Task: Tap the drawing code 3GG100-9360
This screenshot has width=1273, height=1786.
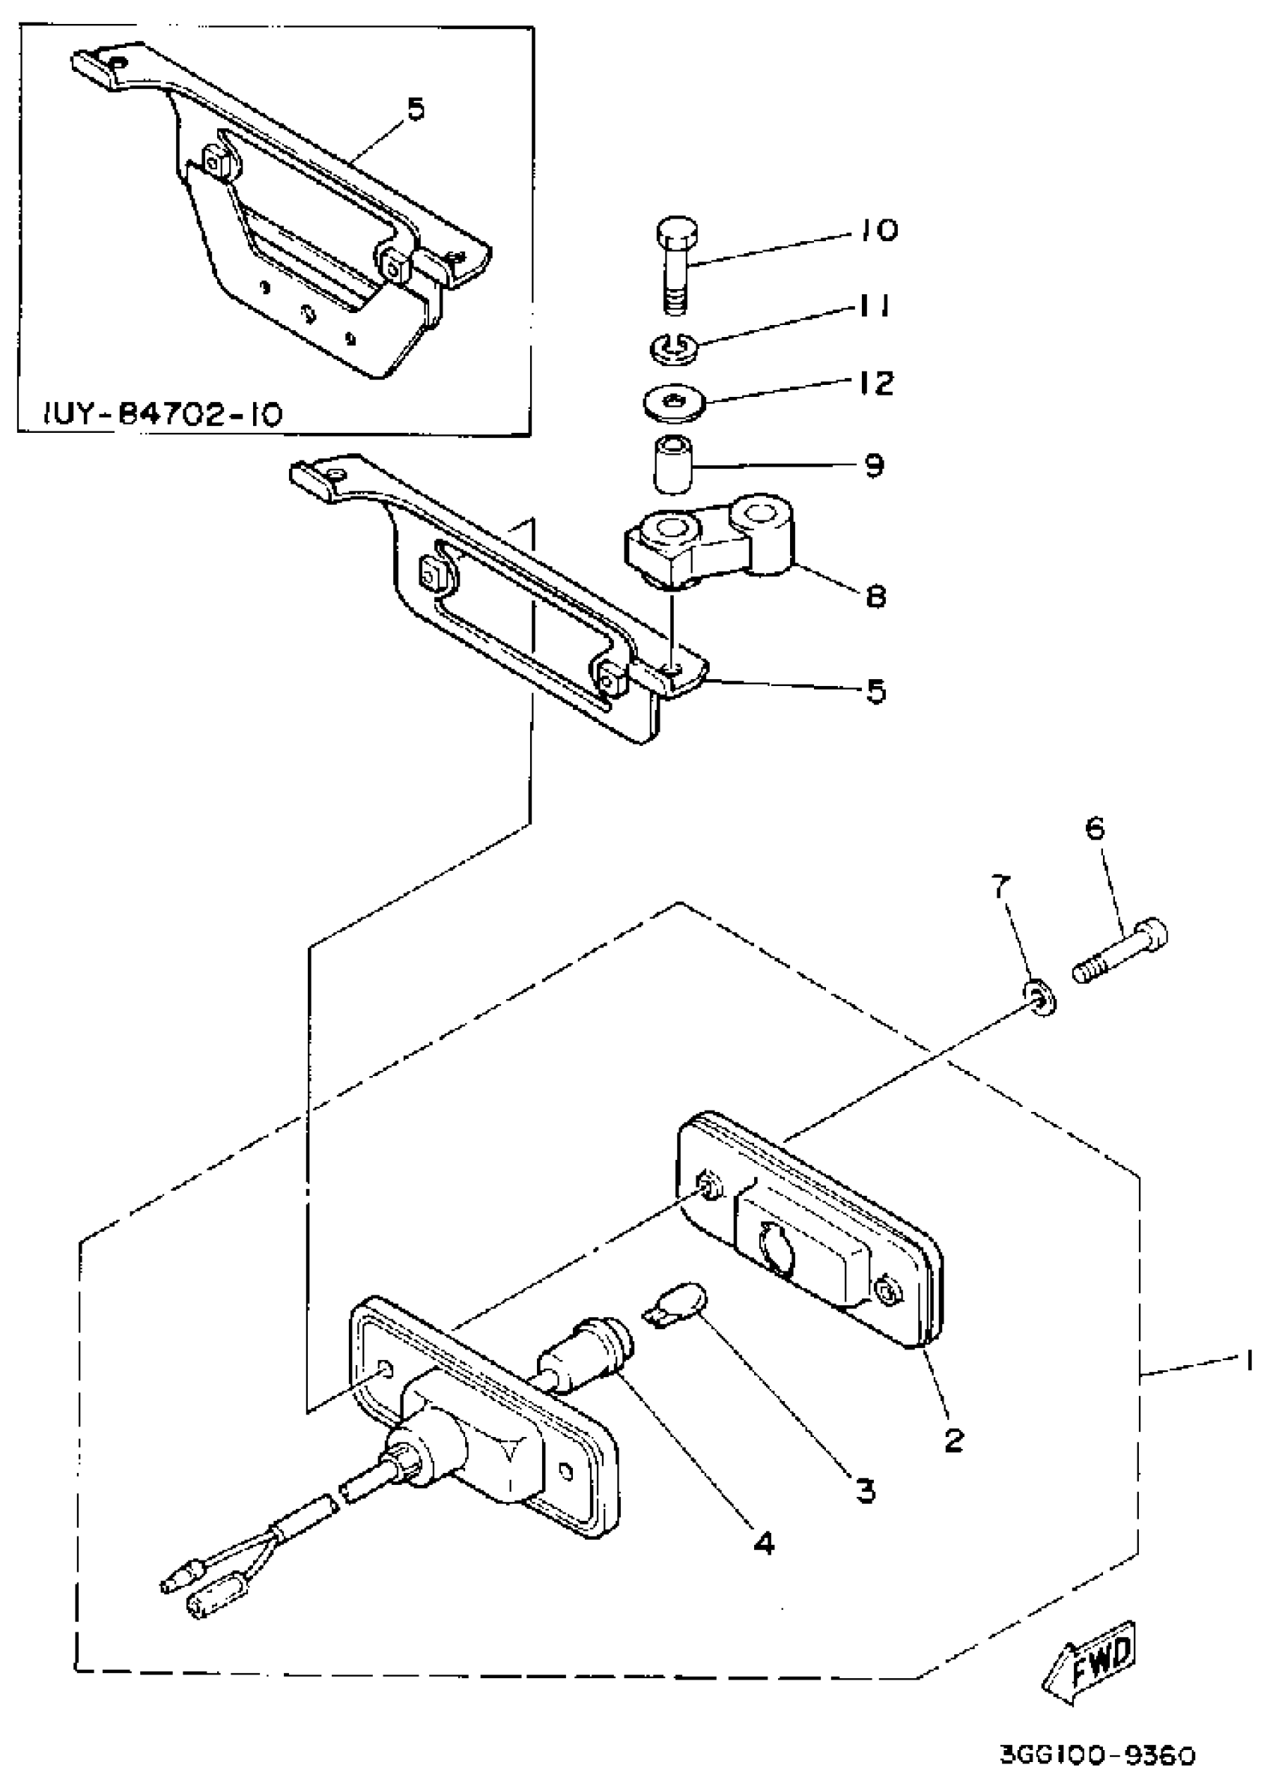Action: coord(1098,1753)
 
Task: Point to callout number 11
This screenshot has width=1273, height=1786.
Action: coord(871,306)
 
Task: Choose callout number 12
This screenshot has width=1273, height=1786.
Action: coord(874,383)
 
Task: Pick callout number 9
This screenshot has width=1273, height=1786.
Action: coord(873,466)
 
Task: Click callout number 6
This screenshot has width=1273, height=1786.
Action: coord(1094,827)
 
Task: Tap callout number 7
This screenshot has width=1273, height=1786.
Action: coord(997,887)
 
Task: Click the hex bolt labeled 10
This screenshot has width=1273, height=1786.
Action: coord(677,264)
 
